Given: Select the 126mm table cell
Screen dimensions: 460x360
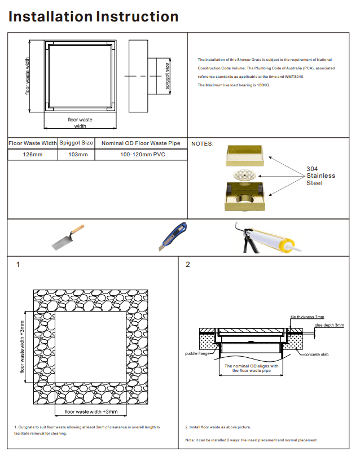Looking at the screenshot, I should click(x=32, y=154).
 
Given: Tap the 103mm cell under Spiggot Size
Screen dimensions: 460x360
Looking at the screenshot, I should click(x=76, y=154).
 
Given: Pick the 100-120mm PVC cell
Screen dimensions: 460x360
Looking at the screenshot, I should click(x=141, y=154).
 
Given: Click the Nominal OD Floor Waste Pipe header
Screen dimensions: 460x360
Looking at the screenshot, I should click(x=141, y=143).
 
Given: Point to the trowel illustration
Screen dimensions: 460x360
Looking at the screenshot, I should click(x=67, y=238).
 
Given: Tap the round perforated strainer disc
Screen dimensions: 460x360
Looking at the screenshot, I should click(x=246, y=175).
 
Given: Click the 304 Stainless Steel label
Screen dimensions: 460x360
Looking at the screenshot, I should click(x=320, y=176).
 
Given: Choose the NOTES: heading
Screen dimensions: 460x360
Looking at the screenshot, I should click(x=203, y=143).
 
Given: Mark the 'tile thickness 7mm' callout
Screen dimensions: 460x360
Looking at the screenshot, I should click(x=307, y=317).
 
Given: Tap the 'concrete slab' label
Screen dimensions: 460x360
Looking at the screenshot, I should click(x=317, y=354).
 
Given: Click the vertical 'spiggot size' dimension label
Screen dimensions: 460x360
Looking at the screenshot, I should click(x=167, y=76).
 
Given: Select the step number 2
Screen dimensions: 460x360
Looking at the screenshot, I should click(x=188, y=265).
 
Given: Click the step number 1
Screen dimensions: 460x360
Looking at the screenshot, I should click(x=18, y=265).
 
